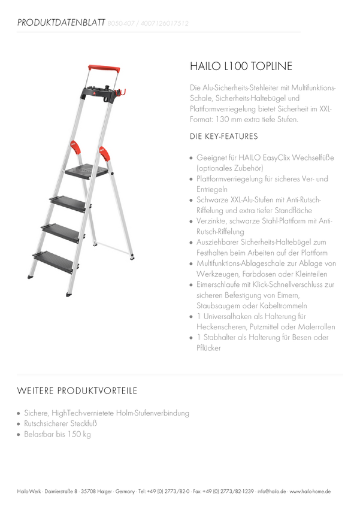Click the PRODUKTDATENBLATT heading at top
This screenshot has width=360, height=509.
pyautogui.click(x=61, y=22)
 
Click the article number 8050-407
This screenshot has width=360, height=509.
pyautogui.click(x=121, y=23)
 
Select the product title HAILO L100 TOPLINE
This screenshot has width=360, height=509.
pyautogui.click(x=241, y=66)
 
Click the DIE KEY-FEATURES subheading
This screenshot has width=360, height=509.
pyautogui.click(x=223, y=137)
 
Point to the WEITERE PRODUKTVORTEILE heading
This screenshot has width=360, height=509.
pyautogui.click(x=77, y=390)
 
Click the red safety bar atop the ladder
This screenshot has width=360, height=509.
pyautogui.click(x=104, y=69)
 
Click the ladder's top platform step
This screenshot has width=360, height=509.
pyautogui.click(x=86, y=171)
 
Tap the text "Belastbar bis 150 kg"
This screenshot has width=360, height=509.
pyautogui.click(x=58, y=434)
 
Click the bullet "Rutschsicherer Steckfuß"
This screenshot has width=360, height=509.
pyautogui.click(x=60, y=423)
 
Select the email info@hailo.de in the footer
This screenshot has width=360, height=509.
pyautogui.click(x=272, y=492)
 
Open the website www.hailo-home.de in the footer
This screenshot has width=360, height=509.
pyautogui.click(x=310, y=492)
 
